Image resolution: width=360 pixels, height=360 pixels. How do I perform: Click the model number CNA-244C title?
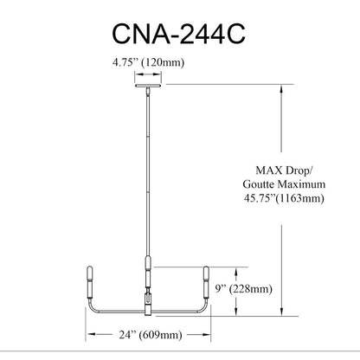[178, 34]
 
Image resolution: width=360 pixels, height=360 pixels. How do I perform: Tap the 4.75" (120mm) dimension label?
[148, 62]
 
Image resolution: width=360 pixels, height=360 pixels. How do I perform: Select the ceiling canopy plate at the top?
[148, 86]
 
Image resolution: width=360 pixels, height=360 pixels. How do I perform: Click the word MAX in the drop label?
[269, 170]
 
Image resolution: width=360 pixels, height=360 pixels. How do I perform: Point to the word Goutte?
[259, 184]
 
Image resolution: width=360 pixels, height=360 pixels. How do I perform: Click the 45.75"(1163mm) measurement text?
[284, 198]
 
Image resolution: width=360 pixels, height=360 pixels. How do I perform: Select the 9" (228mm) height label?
[244, 289]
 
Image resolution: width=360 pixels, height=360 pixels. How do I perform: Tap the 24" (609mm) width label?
[151, 335]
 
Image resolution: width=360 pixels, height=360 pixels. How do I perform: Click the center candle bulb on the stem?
[148, 262]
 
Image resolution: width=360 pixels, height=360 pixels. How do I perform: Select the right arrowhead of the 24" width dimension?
[207, 335]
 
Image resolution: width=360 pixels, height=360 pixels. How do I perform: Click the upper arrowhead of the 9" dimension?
[236, 271]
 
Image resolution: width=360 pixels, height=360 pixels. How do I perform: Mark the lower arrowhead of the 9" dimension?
[236, 312]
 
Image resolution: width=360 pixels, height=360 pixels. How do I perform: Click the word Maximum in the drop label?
[301, 184]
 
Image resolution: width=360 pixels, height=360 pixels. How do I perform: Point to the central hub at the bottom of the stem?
[148, 305]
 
